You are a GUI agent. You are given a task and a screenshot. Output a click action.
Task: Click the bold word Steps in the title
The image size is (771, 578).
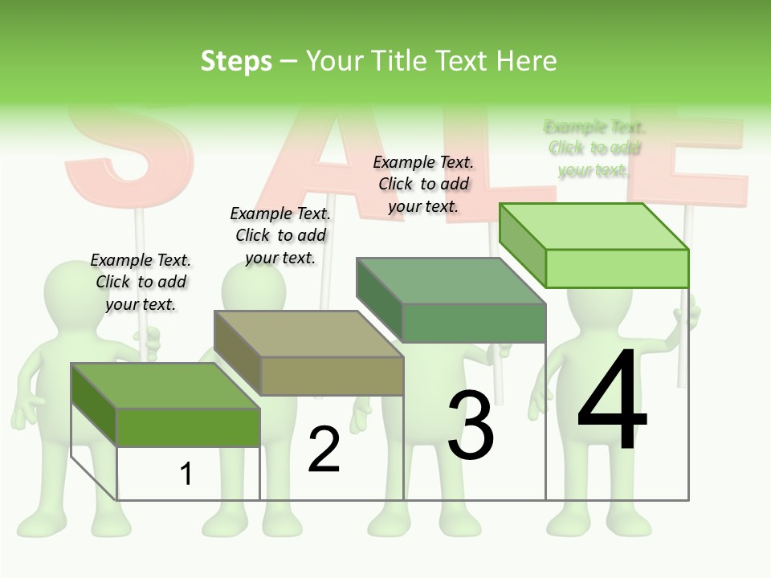click(236, 61)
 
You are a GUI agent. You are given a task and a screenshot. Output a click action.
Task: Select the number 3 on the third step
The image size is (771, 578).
click(471, 425)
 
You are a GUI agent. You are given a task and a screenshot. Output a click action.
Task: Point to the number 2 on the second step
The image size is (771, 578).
click(324, 450)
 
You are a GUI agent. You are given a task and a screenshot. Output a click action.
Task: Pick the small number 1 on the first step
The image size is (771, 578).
click(186, 474)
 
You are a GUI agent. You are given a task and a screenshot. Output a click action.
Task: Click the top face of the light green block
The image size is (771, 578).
click(594, 226)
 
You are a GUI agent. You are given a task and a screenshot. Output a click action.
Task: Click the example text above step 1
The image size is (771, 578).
click(141, 282)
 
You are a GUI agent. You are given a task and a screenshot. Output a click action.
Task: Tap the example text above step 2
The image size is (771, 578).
click(280, 235)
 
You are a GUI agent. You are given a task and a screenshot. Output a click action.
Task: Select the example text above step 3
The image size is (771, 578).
click(423, 184)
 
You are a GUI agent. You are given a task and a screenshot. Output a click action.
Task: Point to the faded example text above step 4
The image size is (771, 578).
click(594, 148)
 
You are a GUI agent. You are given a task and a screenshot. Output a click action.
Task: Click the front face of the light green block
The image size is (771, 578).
click(617, 268)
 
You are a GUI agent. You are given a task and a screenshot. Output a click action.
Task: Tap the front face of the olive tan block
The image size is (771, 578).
click(332, 376)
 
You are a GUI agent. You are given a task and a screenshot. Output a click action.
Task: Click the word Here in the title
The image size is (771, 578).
click(526, 61)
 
